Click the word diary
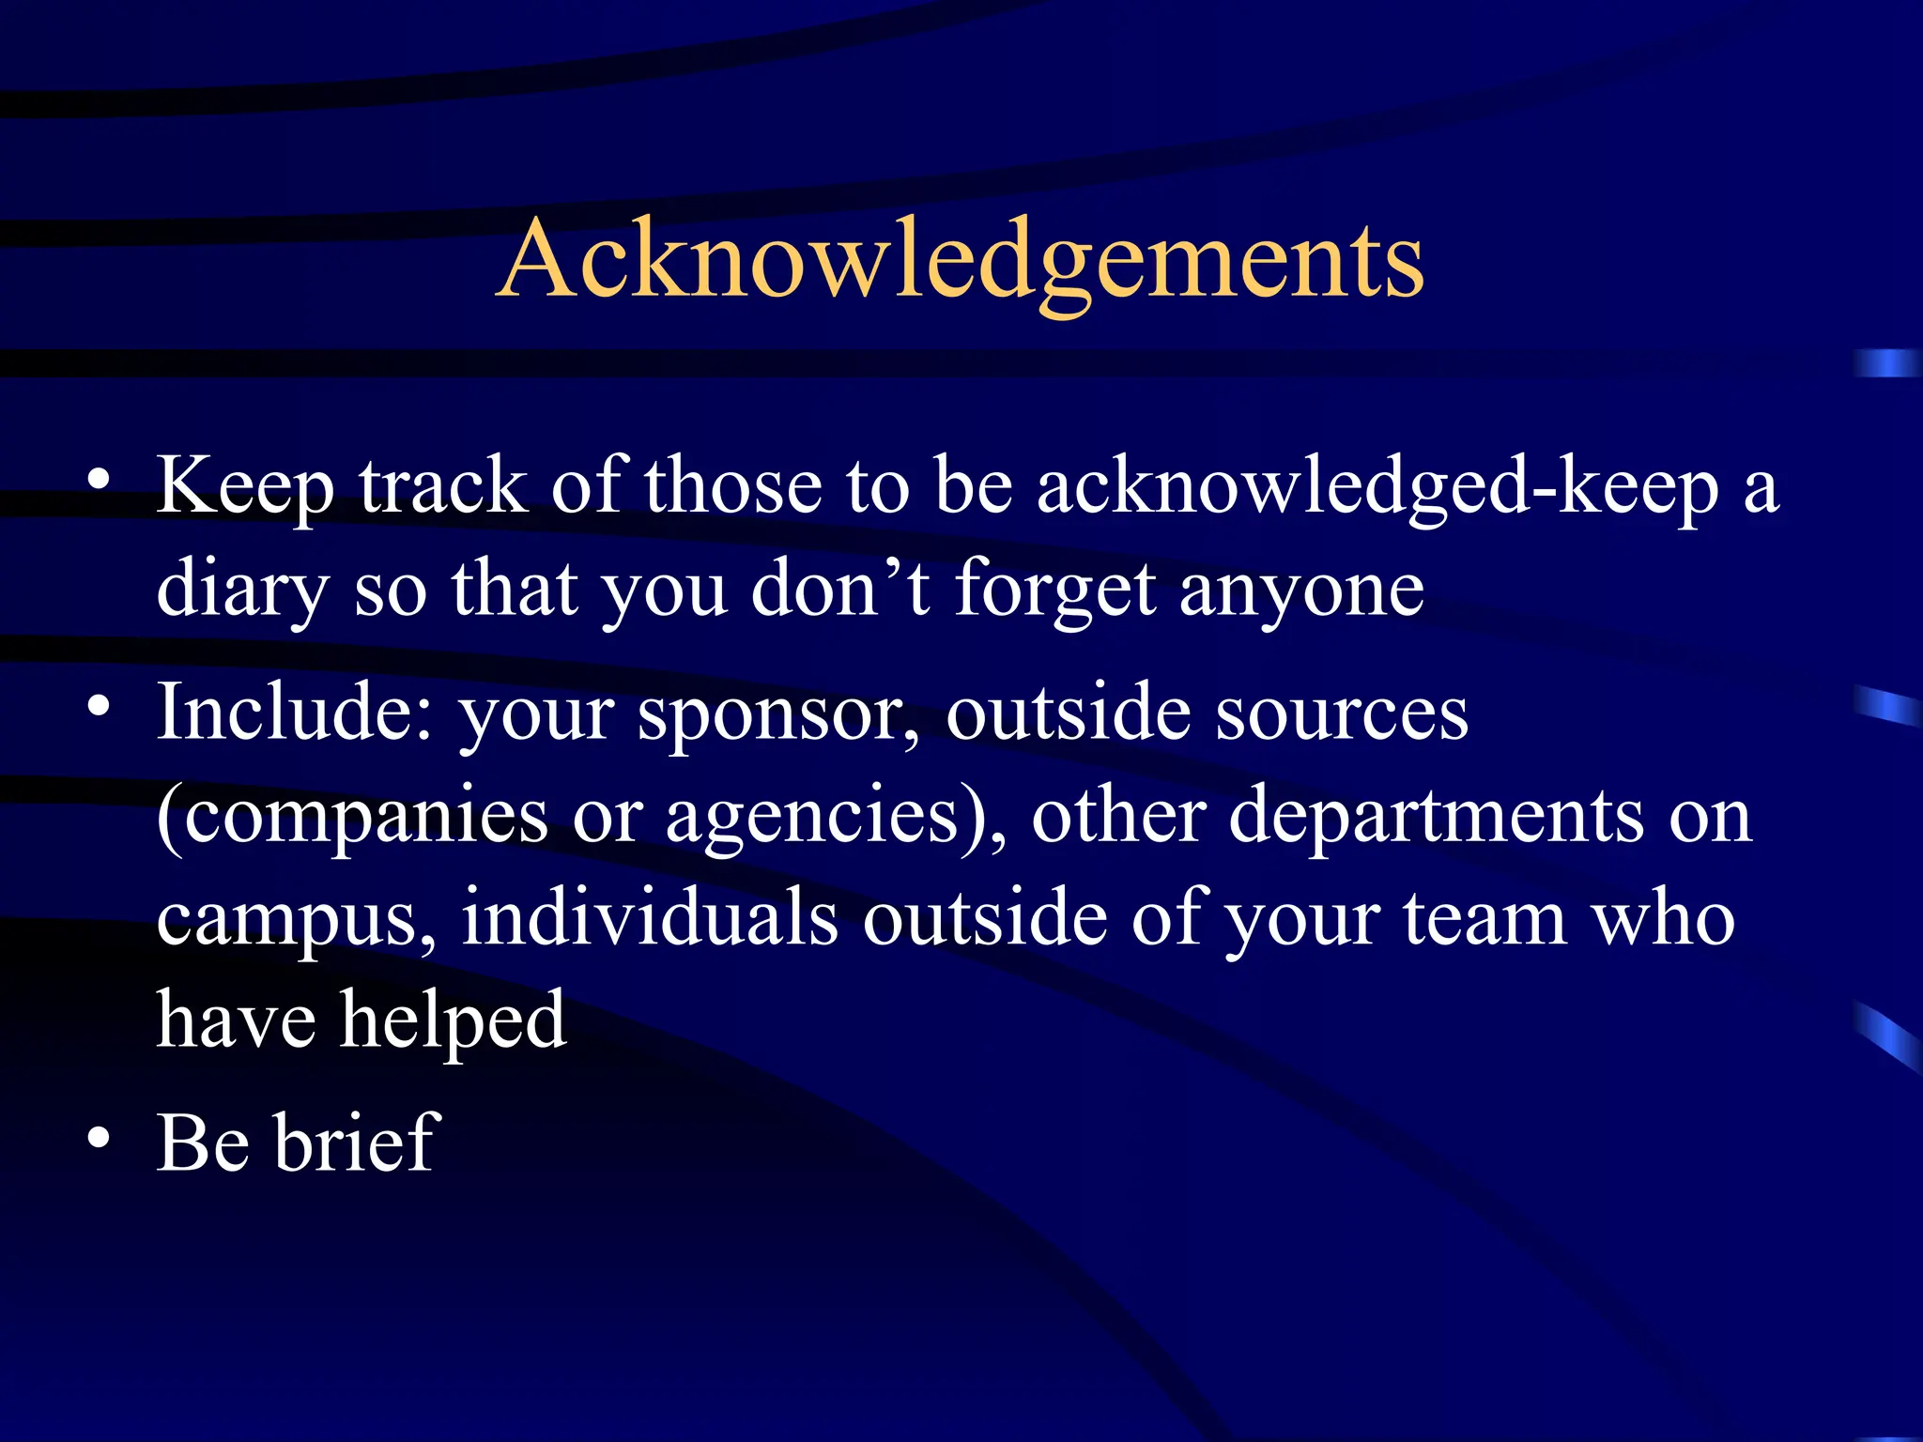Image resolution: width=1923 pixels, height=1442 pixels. coord(242,590)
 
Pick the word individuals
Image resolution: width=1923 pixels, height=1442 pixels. coord(650,917)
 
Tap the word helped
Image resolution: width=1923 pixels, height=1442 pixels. coord(453,1021)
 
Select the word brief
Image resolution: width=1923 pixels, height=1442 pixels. coord(357,1143)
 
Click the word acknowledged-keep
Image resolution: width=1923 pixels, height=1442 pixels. coord(1377,486)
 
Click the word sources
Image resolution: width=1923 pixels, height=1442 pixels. coord(1341,713)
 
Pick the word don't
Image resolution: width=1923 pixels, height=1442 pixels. coord(840,589)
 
